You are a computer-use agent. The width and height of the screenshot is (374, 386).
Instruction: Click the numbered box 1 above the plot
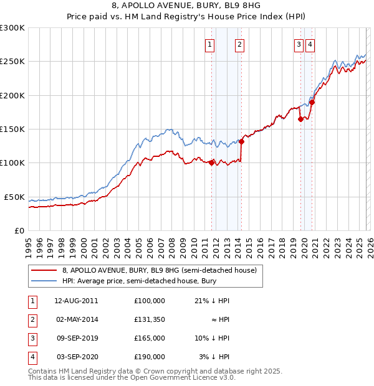coord(209,44)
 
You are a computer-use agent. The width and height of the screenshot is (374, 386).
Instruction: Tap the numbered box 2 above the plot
coord(239,44)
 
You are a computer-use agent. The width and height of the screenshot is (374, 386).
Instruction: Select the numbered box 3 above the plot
coord(299,44)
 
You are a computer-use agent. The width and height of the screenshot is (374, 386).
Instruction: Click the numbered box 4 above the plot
coord(310,44)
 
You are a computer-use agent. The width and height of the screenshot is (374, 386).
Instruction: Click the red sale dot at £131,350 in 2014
coord(241,141)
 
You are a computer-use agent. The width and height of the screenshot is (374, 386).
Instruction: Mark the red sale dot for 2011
coord(211,163)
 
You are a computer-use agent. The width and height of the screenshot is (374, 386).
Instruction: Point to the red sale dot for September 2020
coord(312,103)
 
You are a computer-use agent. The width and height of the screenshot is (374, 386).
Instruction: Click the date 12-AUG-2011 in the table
coord(76,301)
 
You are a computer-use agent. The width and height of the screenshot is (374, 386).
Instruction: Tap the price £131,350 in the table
coord(150,319)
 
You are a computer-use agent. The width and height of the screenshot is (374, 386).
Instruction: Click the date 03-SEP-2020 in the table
coord(76,357)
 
